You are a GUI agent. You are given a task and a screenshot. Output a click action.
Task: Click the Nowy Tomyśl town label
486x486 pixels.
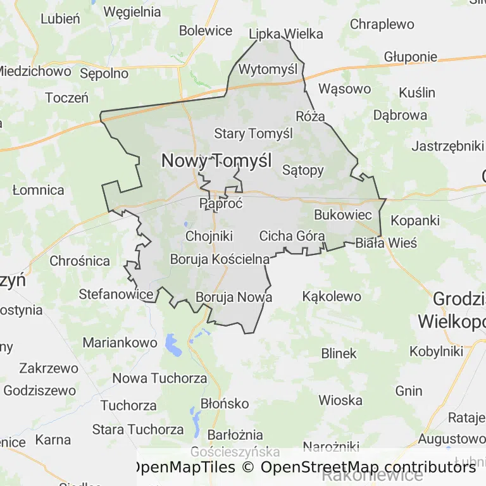point(216,161)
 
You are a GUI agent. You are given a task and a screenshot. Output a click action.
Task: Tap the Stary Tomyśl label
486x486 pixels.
point(253,134)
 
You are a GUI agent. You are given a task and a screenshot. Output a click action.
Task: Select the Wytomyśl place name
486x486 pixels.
point(268,69)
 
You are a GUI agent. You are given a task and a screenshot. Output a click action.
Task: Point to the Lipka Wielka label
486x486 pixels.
point(286,34)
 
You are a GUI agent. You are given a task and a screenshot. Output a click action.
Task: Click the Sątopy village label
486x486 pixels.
point(302,170)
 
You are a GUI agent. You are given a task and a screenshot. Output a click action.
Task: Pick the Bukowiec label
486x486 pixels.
point(343,215)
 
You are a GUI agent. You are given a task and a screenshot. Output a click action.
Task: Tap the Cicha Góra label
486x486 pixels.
point(292,236)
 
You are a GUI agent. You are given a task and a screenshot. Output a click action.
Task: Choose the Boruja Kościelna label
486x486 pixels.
point(220,259)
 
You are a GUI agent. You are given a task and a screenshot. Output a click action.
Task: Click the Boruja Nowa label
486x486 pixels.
point(234,297)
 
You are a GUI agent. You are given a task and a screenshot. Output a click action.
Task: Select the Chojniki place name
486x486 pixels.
point(209,236)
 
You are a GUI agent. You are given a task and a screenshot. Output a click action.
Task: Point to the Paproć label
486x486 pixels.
point(216,204)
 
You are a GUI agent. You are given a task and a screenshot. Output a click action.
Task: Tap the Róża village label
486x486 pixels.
point(310,116)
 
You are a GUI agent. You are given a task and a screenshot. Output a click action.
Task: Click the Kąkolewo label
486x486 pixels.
point(332,296)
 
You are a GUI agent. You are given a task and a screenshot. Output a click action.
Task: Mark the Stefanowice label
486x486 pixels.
point(116,294)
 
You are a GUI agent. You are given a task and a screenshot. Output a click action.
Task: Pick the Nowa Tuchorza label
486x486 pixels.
point(159,378)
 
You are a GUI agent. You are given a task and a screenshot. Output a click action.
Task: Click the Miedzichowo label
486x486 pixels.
point(34,71)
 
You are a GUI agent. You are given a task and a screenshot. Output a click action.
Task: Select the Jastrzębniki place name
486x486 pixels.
point(447,146)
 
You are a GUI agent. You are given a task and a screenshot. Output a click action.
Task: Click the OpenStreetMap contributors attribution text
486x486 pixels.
point(368,467)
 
